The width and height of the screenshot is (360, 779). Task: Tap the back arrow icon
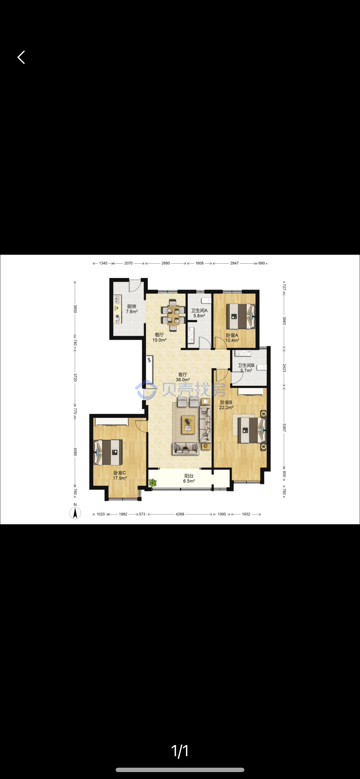pyautogui.click(x=21, y=57)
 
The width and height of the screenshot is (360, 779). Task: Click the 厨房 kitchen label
pyautogui.click(x=132, y=306)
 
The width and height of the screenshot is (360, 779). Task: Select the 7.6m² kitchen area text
pyautogui.click(x=132, y=312)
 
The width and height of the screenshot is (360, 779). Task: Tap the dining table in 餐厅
pyautogui.click(x=173, y=311)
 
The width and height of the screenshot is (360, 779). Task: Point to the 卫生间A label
pyautogui.click(x=199, y=311)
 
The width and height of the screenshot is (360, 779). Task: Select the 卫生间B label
pyautogui.click(x=246, y=365)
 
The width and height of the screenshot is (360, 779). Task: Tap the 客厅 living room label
pyautogui.click(x=183, y=375)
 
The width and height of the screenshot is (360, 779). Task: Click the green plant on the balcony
pyautogui.click(x=152, y=483)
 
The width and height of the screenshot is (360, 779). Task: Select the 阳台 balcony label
pyautogui.click(x=189, y=476)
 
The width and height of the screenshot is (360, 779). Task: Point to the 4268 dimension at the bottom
pyautogui.click(x=180, y=514)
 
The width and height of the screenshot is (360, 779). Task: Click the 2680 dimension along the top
pyautogui.click(x=166, y=263)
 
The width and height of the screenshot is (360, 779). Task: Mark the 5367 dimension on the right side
pyautogui.click(x=284, y=427)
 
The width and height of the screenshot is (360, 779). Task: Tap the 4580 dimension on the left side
pyautogui.click(x=75, y=452)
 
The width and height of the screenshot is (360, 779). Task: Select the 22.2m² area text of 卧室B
pyautogui.click(x=226, y=408)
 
